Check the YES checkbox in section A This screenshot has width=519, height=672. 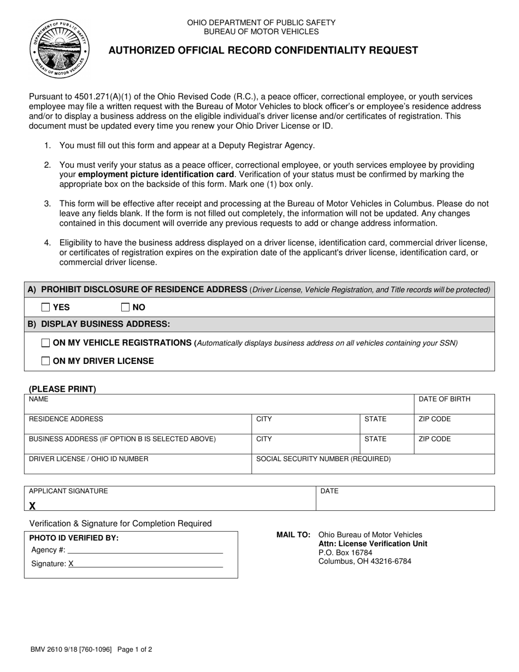pyautogui.click(x=46, y=307)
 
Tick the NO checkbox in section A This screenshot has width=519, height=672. pyautogui.click(x=126, y=307)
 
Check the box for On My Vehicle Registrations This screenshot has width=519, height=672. pyautogui.click(x=46, y=343)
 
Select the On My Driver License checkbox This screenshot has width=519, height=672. pyautogui.click(x=46, y=361)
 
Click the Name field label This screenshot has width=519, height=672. pyautogui.click(x=39, y=399)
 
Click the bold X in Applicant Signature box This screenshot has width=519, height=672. pyautogui.click(x=33, y=506)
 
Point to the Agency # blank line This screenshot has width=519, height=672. pyautogui.click(x=145, y=550)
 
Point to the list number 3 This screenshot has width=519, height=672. pyautogui.click(x=48, y=204)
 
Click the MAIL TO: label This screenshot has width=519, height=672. pyautogui.click(x=294, y=535)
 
